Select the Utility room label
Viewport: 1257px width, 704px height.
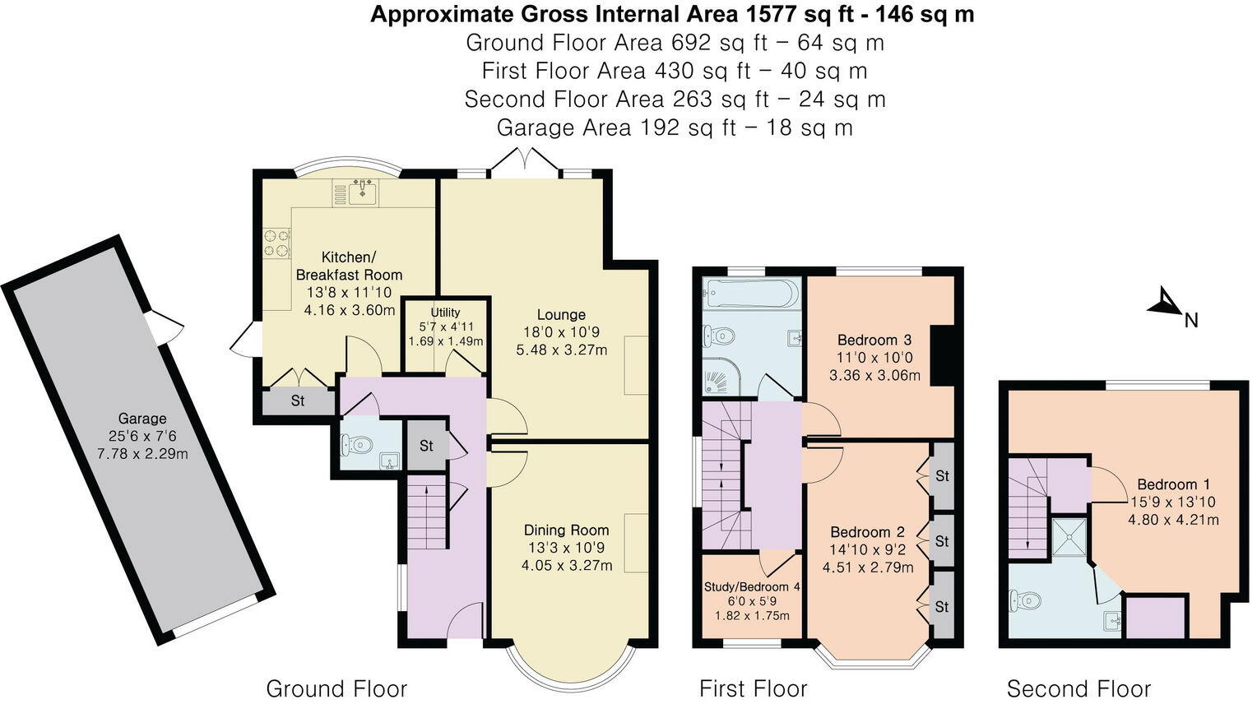tap(445, 313)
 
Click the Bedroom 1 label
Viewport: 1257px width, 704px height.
tap(1167, 484)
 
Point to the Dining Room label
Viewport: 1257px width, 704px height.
tap(566, 530)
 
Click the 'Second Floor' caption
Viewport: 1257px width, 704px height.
tap(1078, 688)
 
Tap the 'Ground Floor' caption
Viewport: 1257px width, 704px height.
tap(336, 688)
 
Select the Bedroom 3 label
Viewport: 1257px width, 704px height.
tap(874, 340)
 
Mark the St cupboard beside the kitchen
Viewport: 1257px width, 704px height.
tap(298, 401)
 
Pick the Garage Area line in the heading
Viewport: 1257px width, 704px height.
tap(675, 127)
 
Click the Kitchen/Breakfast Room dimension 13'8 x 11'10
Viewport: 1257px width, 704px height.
tap(349, 293)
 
